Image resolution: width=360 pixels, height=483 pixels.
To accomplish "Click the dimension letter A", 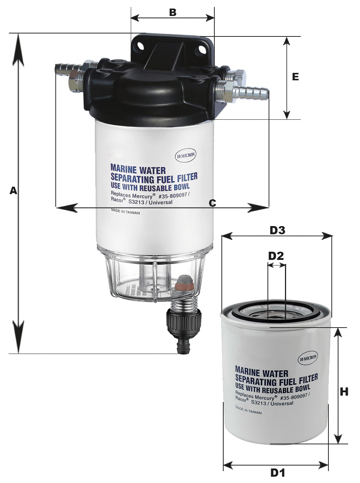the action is pyautogui.click(x=13, y=190).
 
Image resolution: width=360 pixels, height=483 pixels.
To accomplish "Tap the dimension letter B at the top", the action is pyautogui.click(x=173, y=12).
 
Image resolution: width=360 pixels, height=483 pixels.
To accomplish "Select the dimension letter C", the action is pyautogui.click(x=212, y=203).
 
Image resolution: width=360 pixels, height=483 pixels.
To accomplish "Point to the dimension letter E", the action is pyautogui.click(x=295, y=77).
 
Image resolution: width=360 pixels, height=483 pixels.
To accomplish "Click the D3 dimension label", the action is pyautogui.click(x=277, y=231).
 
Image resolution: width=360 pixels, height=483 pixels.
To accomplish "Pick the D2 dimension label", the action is pyautogui.click(x=276, y=256).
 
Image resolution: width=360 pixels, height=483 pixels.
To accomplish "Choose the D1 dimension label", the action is pyautogui.click(x=278, y=473).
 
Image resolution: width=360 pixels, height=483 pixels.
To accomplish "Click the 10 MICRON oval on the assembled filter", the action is pyautogui.click(x=185, y=155).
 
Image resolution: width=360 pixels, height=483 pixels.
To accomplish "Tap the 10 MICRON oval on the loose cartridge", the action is pyautogui.click(x=308, y=358).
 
